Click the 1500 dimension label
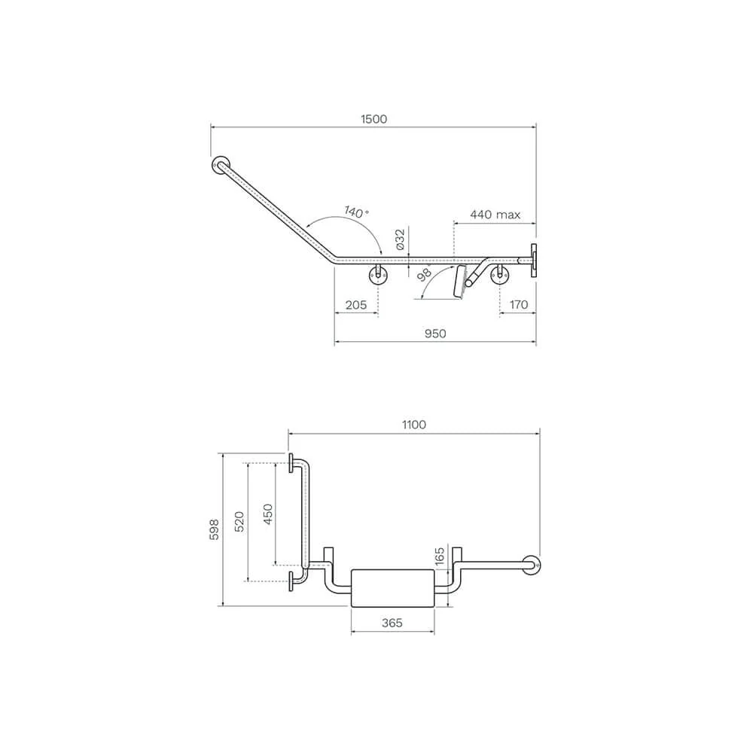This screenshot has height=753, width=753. pos(373,119)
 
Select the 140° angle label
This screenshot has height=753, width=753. pos(356,212)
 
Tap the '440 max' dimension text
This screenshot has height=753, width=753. pos(495,215)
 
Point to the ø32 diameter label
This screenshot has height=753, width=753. pos(400,239)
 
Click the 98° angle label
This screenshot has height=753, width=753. pos(425,274)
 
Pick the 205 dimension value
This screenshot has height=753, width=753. pos(356,304)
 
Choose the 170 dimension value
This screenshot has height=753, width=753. pos(519,304)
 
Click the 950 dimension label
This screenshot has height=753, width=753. pos(435,334)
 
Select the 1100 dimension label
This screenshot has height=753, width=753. pos(414,425)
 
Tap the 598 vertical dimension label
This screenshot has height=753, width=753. pos(214,529)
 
